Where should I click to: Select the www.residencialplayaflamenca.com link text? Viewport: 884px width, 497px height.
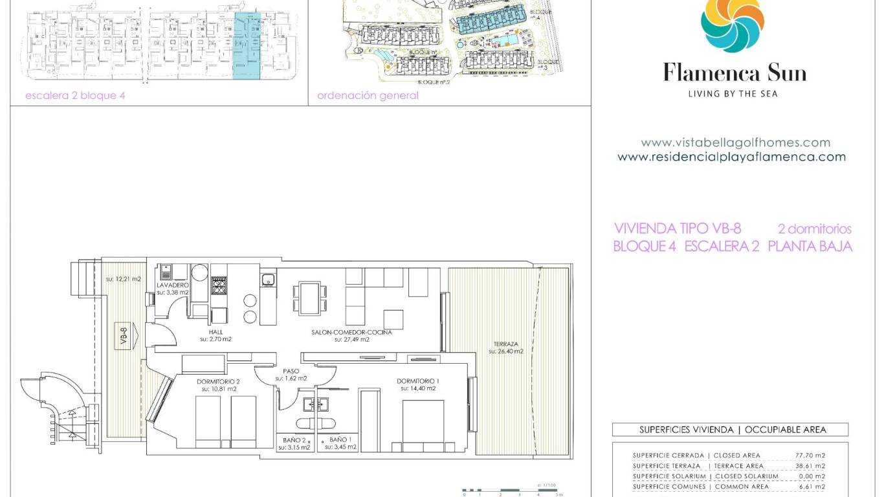click(x=731, y=157)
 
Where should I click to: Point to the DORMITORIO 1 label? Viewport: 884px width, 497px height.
click(x=416, y=381)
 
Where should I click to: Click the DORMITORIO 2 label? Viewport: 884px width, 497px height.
click(x=218, y=382)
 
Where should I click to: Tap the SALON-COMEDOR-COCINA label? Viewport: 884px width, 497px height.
click(x=351, y=332)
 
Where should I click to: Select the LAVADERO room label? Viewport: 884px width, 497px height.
click(x=173, y=285)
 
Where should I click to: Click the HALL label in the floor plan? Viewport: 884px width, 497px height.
click(x=215, y=332)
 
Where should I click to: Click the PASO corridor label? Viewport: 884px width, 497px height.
click(x=291, y=371)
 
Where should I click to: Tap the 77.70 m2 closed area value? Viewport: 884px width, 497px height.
click(x=810, y=456)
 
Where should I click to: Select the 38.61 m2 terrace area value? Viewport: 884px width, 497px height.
click(x=810, y=466)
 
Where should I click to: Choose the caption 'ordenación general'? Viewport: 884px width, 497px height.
click(x=368, y=96)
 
